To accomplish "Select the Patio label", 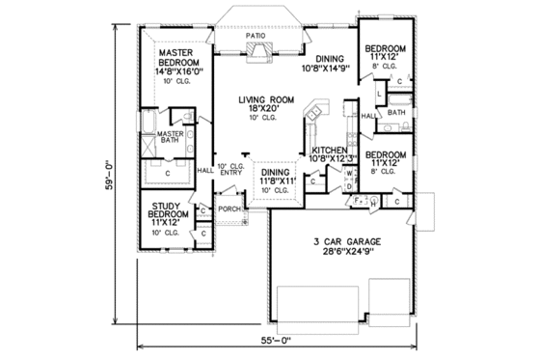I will [x=255, y=35].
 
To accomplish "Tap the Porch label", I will [x=229, y=208].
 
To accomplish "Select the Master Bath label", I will [x=170, y=137].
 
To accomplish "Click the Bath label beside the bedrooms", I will [x=396, y=112].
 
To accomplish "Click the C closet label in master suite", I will [x=168, y=173].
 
